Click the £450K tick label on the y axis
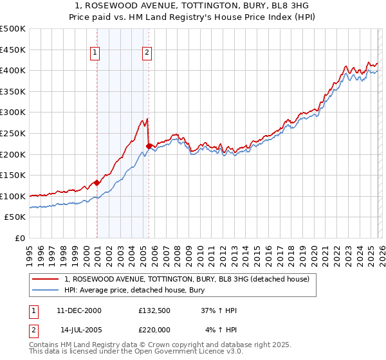coord(13,50)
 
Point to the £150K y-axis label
coord(13,175)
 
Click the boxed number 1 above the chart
coord(95,53)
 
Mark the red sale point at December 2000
coord(96,183)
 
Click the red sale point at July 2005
coord(149,146)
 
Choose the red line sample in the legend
coord(46,279)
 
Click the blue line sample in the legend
coord(46,290)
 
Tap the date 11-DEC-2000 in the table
coord(79,310)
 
